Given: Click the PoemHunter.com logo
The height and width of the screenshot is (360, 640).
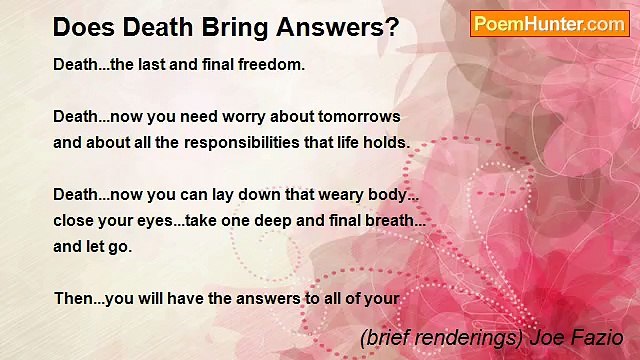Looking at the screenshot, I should pyautogui.click(x=549, y=24).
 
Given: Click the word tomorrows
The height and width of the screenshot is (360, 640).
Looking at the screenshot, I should pyautogui.click(x=355, y=117).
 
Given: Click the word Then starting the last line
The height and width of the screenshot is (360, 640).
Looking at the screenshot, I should pyautogui.click(x=72, y=297).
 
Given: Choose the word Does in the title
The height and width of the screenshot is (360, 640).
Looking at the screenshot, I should pyautogui.click(x=79, y=28).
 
